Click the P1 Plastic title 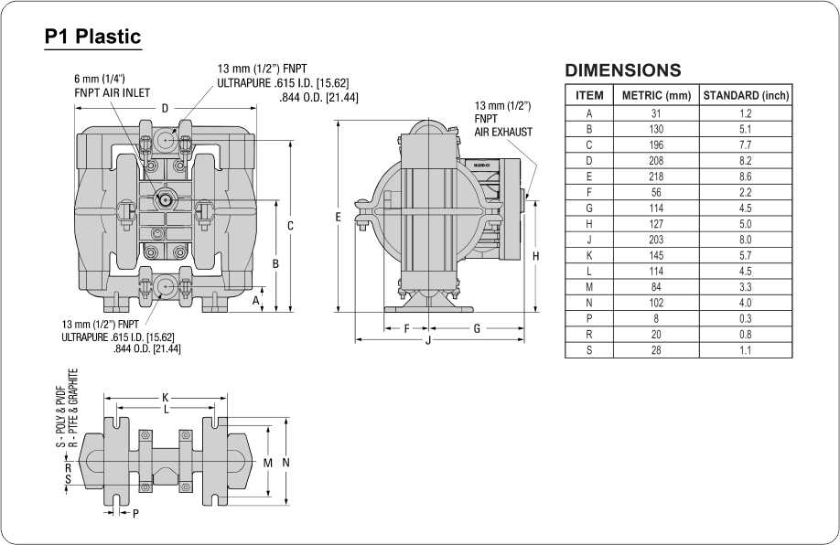click(x=92, y=37)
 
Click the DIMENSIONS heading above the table click(x=623, y=70)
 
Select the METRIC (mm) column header click(x=656, y=95)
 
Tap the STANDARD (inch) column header click(x=746, y=95)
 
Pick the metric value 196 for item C click(x=656, y=144)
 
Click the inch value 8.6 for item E click(x=745, y=176)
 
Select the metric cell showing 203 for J click(x=656, y=240)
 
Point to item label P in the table click(x=589, y=318)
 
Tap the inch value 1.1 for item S click(x=745, y=350)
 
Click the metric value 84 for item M click(x=656, y=287)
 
